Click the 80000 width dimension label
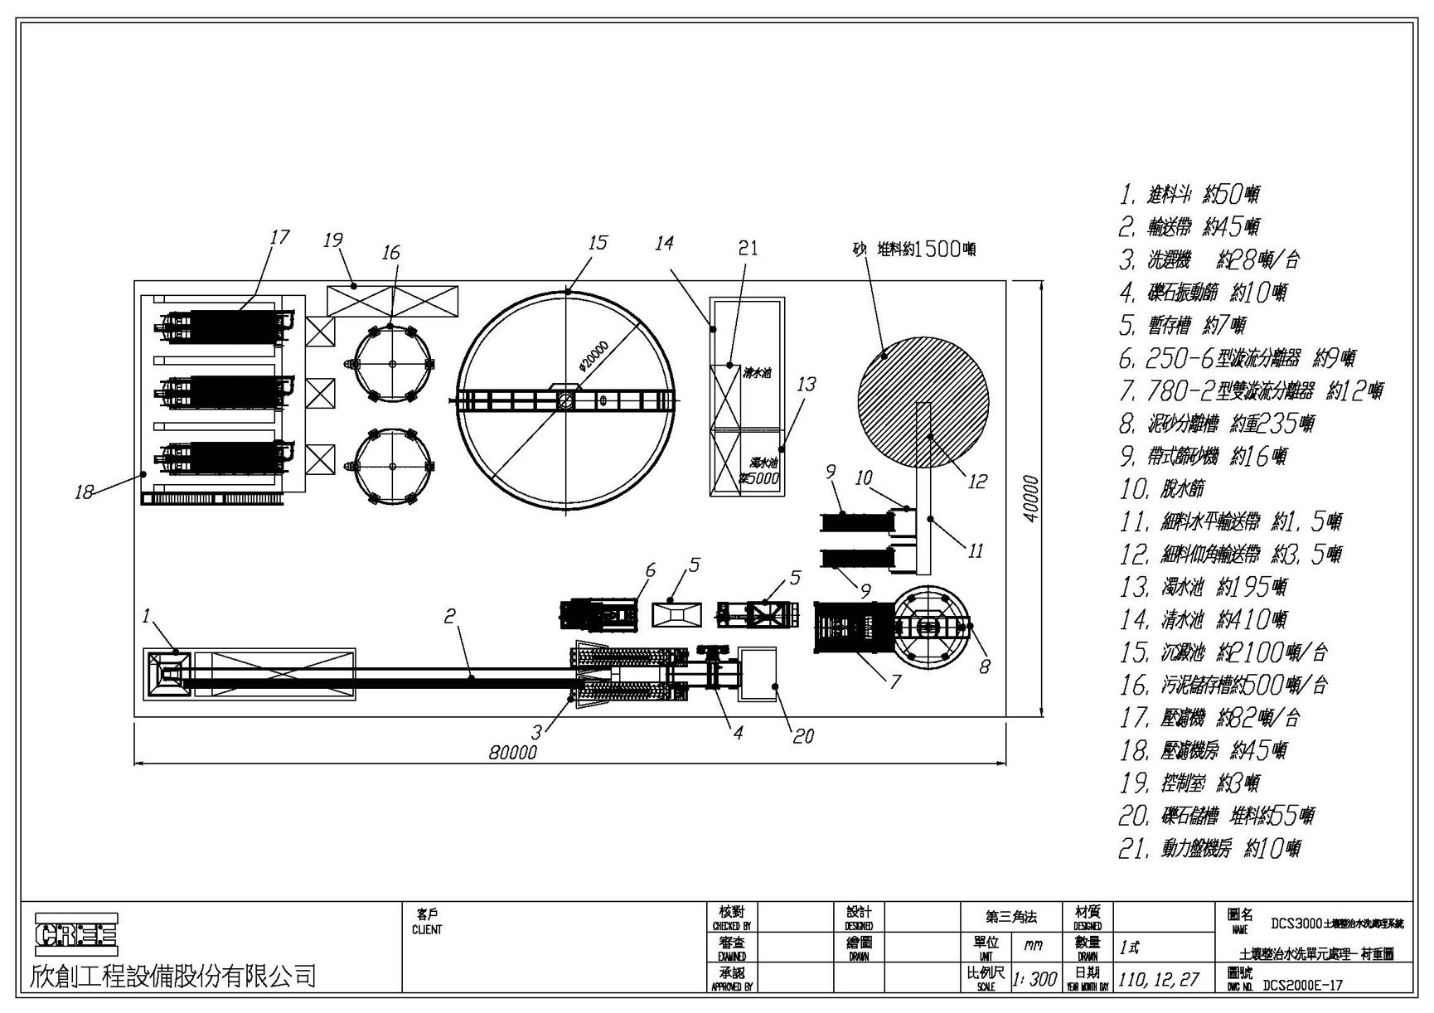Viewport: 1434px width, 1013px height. click(x=512, y=753)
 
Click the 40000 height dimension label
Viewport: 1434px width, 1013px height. click(x=1029, y=499)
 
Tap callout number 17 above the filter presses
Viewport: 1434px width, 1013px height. click(x=279, y=237)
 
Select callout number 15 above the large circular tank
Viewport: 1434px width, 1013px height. click(x=598, y=242)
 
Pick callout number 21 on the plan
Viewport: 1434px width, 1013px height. click(x=748, y=248)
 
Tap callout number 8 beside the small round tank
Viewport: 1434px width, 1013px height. click(x=984, y=666)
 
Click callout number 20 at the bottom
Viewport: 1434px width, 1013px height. click(x=803, y=736)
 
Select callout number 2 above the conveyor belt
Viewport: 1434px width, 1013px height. click(x=450, y=616)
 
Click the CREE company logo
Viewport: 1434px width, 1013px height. click(x=75, y=934)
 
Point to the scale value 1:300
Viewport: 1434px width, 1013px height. click(x=1034, y=979)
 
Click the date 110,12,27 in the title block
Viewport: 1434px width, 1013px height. click(x=1158, y=979)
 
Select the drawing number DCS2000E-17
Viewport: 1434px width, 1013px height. click(x=1302, y=986)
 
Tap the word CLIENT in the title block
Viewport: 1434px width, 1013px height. click(x=427, y=930)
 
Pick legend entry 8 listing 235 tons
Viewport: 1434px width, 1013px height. click(x=1216, y=424)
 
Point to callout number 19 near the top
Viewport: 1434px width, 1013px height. click(x=333, y=240)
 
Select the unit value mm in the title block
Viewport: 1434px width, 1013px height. click(x=1033, y=946)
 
